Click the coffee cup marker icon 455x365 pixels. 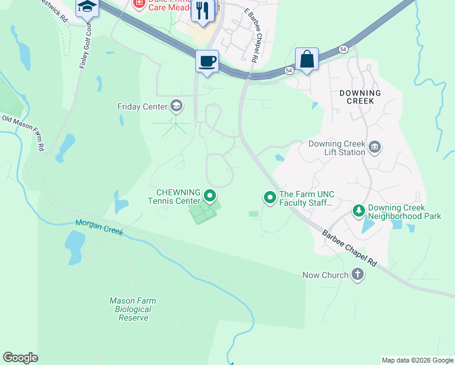(x=207, y=61)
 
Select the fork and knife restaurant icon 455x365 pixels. (x=203, y=10)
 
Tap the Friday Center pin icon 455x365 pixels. (x=176, y=106)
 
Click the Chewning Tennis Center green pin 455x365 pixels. (x=210, y=196)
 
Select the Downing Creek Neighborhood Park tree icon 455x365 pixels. (x=359, y=211)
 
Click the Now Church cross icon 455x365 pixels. (x=358, y=275)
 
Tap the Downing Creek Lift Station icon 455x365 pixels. (x=375, y=146)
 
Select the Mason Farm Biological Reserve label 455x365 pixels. (x=133, y=309)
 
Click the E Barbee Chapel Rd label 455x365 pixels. (x=251, y=36)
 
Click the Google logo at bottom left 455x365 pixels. (x=20, y=358)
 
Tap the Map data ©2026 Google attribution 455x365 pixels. (x=417, y=360)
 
